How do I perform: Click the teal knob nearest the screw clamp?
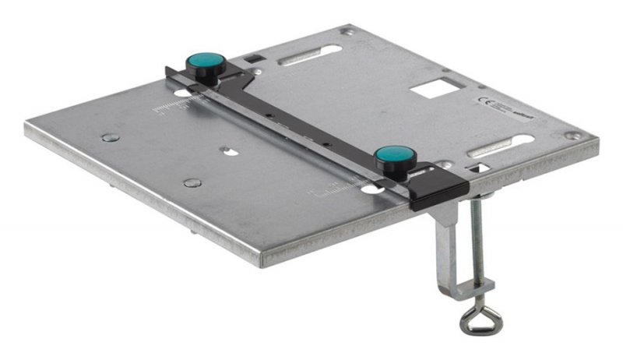[396, 156]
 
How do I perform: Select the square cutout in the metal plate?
[431, 88]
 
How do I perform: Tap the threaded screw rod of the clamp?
[476, 242]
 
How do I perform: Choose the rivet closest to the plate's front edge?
[192, 183]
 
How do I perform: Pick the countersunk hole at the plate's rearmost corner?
[348, 32]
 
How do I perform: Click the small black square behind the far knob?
[251, 58]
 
